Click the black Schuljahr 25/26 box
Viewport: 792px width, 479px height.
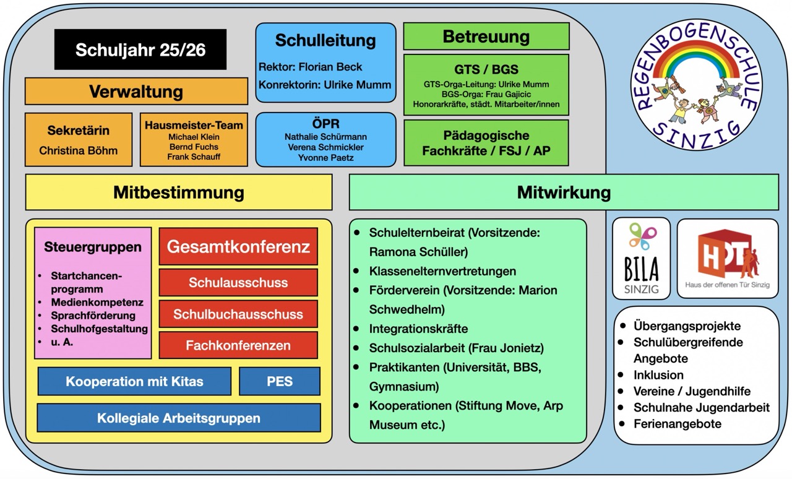click(140, 50)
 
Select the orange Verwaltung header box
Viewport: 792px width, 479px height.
click(136, 92)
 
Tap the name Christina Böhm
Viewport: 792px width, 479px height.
click(79, 150)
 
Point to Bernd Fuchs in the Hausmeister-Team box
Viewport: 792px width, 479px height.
click(194, 147)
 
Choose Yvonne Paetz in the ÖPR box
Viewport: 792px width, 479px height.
click(325, 158)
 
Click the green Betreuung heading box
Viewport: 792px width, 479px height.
click(486, 37)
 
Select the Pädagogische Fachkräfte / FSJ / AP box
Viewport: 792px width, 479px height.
click(486, 143)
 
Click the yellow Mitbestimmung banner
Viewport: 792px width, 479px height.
click(179, 192)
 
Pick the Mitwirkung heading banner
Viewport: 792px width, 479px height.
click(563, 192)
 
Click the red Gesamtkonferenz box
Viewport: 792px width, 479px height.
click(238, 247)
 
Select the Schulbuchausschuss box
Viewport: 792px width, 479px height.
click(238, 314)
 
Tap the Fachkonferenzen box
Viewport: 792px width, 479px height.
click(238, 345)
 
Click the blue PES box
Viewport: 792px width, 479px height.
click(280, 381)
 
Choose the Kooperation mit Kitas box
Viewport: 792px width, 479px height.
click(134, 381)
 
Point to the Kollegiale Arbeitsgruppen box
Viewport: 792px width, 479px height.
click(179, 418)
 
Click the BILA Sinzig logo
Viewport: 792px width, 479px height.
click(641, 259)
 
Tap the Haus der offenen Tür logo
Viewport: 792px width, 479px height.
click(727, 259)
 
